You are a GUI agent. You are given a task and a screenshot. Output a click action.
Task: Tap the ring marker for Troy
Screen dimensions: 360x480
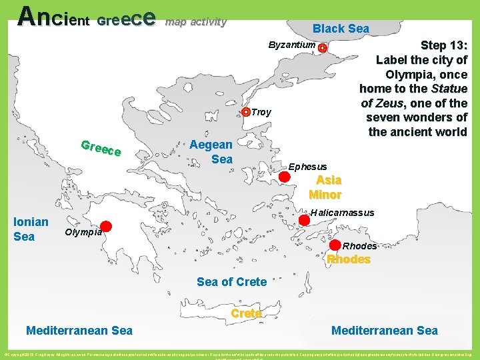[246, 112]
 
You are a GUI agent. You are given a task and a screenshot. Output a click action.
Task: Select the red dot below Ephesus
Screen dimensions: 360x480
[285, 177]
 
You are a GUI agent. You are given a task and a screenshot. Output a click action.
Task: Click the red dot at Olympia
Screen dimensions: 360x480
[106, 227]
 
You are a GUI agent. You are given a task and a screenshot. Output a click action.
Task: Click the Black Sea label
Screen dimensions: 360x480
[341, 28]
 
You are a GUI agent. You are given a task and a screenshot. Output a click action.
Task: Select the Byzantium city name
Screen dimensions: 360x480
[291, 45]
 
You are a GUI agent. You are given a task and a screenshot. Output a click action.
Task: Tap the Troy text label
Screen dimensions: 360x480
[261, 112]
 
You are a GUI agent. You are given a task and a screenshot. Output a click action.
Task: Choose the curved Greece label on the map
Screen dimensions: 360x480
[100, 149]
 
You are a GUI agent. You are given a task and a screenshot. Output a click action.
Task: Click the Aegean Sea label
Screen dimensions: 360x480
[211, 151]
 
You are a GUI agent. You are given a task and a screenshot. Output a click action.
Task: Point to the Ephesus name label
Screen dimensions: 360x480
[307, 166]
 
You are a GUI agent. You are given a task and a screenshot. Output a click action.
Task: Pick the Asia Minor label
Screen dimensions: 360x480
[325, 187]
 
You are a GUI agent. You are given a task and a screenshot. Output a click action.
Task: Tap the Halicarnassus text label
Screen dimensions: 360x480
[342, 213]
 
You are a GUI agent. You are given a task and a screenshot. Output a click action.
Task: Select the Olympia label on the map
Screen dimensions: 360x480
[83, 232]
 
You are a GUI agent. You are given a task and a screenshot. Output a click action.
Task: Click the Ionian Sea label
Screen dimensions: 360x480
[31, 229]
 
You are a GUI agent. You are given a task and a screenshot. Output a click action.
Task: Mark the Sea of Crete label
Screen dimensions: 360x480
[231, 282]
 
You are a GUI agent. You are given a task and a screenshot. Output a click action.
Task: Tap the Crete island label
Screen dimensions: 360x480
[246, 313]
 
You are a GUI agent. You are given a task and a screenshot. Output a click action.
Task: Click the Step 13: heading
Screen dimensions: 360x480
[445, 45]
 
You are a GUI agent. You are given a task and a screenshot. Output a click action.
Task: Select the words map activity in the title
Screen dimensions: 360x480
[196, 21]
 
